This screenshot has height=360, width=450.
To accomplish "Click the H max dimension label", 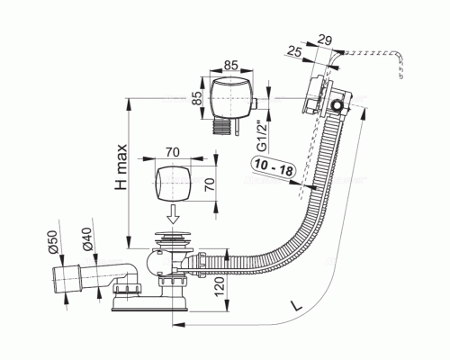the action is [x=121, y=167].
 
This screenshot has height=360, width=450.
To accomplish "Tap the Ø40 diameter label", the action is [x=86, y=238].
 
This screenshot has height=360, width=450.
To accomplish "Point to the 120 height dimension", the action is [x=220, y=286].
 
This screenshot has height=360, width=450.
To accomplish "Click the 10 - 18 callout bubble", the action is [x=273, y=167].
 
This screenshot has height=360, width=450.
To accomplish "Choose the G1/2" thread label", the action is [x=263, y=137].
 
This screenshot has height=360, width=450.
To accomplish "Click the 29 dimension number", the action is [x=324, y=40].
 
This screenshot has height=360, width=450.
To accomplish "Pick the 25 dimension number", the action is [x=294, y=51].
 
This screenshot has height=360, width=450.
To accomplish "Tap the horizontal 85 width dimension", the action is [x=231, y=65].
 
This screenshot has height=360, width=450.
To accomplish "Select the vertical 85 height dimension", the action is [x=197, y=97].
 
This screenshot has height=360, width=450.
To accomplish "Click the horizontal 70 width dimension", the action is [x=173, y=152].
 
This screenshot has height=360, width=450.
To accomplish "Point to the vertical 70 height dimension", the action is [x=210, y=184].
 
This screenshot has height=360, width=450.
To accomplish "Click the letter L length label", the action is [x=297, y=306].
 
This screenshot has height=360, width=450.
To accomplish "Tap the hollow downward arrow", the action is [x=173, y=214].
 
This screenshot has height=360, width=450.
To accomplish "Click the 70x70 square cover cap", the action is [x=173, y=184].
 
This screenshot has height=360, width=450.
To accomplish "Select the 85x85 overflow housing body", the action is [x=231, y=97].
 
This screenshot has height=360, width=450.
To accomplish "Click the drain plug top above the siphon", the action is [x=173, y=235].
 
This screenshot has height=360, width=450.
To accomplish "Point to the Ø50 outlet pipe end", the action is [x=66, y=279].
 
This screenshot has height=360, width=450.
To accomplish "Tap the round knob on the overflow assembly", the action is [x=337, y=105].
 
